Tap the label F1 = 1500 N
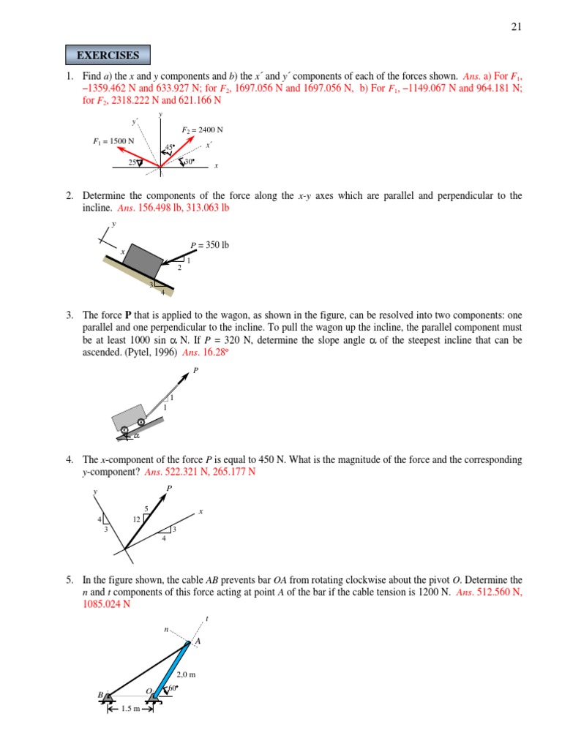click(113, 140)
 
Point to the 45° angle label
click(169, 148)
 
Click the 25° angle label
click(135, 162)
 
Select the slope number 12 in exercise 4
click(136, 519)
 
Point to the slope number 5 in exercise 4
click(146, 509)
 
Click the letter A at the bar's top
click(196, 642)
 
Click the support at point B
click(108, 699)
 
